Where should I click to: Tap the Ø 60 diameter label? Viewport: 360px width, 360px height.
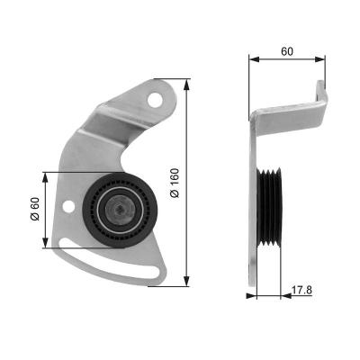pyautogui.click(x=35, y=209)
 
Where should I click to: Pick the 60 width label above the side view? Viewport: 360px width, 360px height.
pyautogui.click(x=286, y=52)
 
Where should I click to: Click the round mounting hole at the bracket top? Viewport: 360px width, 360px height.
pyautogui.click(x=161, y=94)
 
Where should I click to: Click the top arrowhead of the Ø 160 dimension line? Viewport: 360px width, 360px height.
pyautogui.click(x=186, y=84)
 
